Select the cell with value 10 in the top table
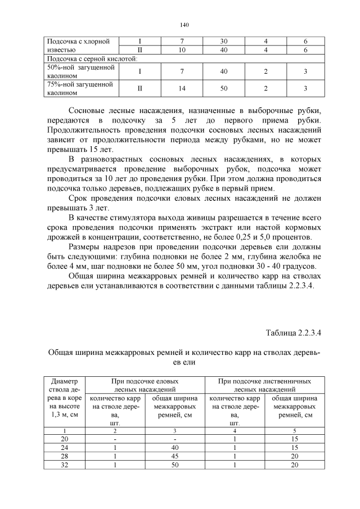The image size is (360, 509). pos(182,50)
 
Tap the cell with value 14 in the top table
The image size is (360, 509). pos(182,88)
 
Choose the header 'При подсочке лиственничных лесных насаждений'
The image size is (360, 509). pos(264,385)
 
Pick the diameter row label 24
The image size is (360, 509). pos(64,448)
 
